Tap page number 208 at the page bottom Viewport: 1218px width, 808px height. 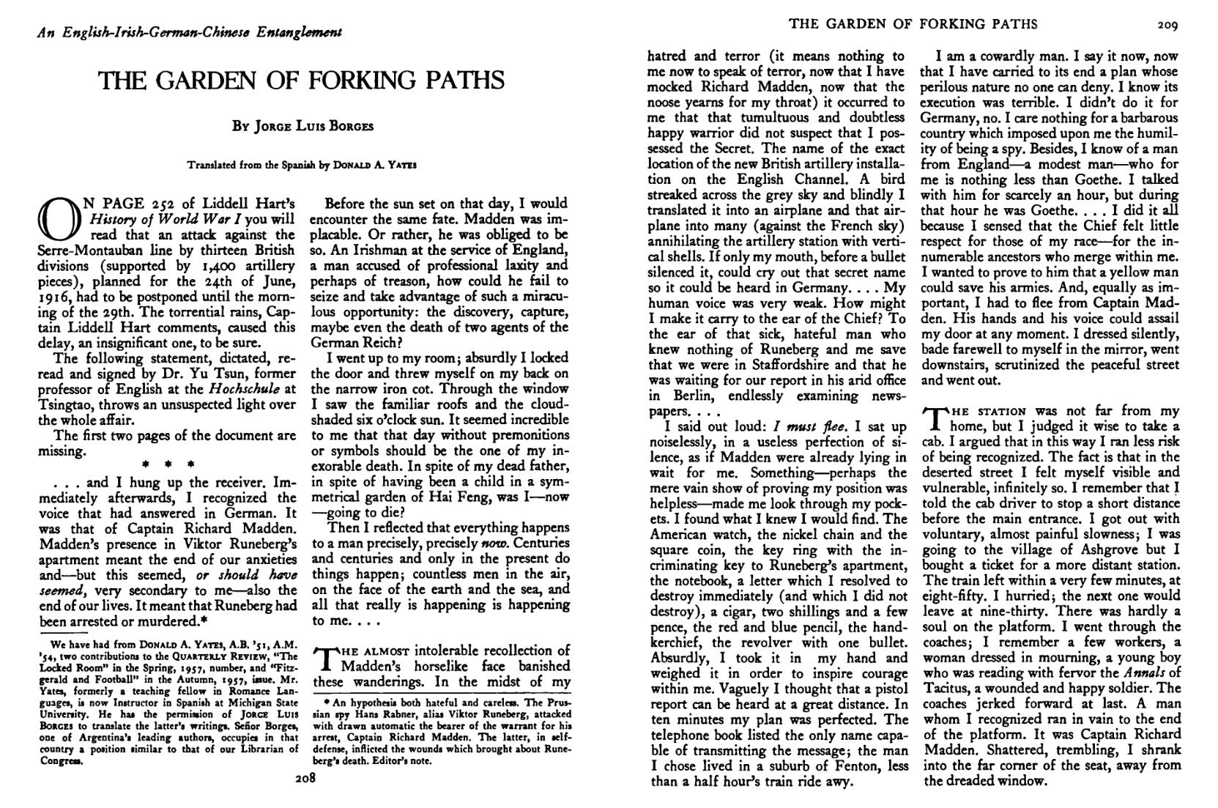point(305,779)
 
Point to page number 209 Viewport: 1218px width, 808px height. point(1167,25)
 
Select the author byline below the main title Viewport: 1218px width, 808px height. point(302,125)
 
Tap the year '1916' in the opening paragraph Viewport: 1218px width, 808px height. point(53,297)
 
